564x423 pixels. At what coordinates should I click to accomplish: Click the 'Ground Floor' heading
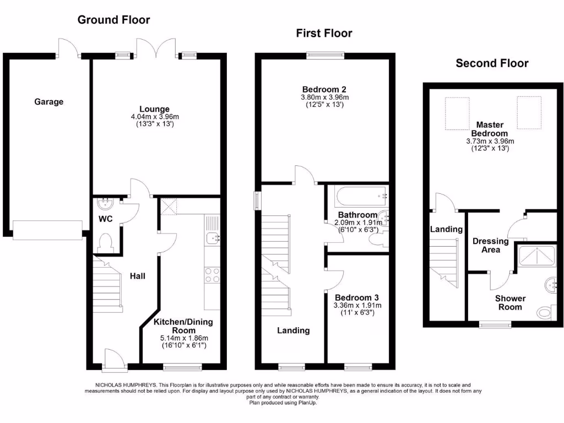[113, 20]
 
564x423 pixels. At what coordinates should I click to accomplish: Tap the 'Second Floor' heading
[492, 63]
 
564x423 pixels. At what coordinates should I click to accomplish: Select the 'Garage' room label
[49, 101]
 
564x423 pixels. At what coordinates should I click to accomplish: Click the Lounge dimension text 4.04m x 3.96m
[154, 117]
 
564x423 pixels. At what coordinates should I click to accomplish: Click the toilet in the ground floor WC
[104, 243]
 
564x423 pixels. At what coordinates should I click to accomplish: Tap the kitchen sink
[211, 238]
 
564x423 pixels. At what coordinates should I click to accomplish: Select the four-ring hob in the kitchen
[212, 275]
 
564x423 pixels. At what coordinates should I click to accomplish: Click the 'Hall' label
[137, 275]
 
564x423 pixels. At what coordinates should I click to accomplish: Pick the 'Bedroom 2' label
[324, 89]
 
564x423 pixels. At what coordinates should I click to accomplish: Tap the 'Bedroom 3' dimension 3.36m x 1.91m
[357, 305]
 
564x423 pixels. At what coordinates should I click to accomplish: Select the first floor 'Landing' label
[293, 330]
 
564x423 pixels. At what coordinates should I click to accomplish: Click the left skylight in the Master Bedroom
[457, 113]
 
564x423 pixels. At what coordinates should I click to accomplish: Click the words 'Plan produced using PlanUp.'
[283, 403]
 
